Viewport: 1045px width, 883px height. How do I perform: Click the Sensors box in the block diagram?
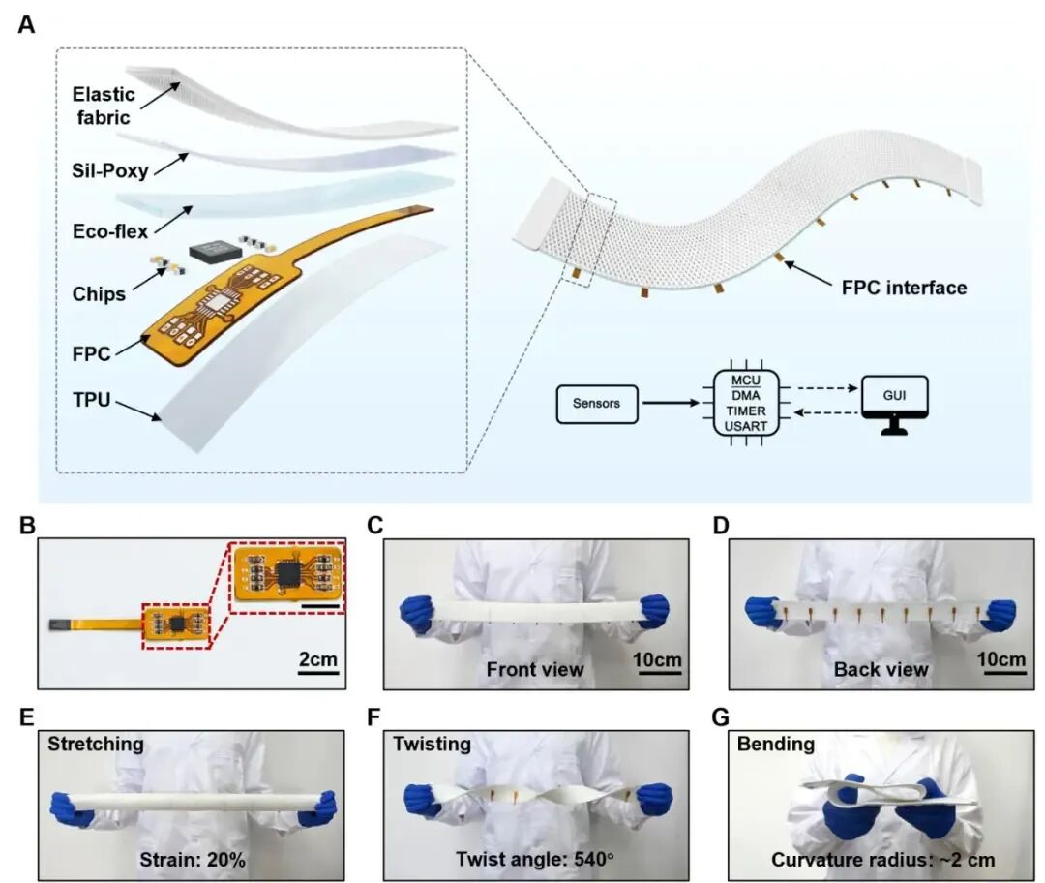pyautogui.click(x=596, y=404)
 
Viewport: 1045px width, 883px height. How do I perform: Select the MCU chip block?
pyautogui.click(x=746, y=403)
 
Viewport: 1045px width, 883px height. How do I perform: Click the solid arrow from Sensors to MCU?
pyautogui.click(x=670, y=403)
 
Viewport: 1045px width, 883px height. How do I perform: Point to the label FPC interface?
pyautogui.click(x=904, y=288)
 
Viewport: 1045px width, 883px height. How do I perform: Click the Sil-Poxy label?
pyautogui.click(x=110, y=170)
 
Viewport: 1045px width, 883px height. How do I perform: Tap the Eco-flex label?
pyautogui.click(x=110, y=231)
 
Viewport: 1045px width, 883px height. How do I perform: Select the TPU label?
pyautogui.click(x=91, y=400)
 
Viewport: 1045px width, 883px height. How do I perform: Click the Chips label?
pyautogui.click(x=99, y=294)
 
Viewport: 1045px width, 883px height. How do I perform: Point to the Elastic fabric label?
pyautogui.click(x=104, y=106)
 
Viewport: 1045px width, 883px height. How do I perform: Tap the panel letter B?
pyautogui.click(x=27, y=525)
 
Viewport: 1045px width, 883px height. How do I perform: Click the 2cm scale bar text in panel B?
pyautogui.click(x=318, y=659)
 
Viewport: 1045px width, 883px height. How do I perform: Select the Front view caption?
pyautogui.click(x=534, y=669)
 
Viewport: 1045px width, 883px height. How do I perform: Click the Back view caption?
pyautogui.click(x=881, y=669)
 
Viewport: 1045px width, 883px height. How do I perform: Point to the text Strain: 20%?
pyautogui.click(x=192, y=860)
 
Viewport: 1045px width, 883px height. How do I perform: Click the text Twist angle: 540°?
pyautogui.click(x=534, y=859)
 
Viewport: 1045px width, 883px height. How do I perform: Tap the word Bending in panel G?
pyautogui.click(x=776, y=745)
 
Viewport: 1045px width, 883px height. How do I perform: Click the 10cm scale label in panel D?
pyautogui.click(x=1001, y=659)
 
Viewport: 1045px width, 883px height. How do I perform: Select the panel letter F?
pyautogui.click(x=373, y=716)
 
